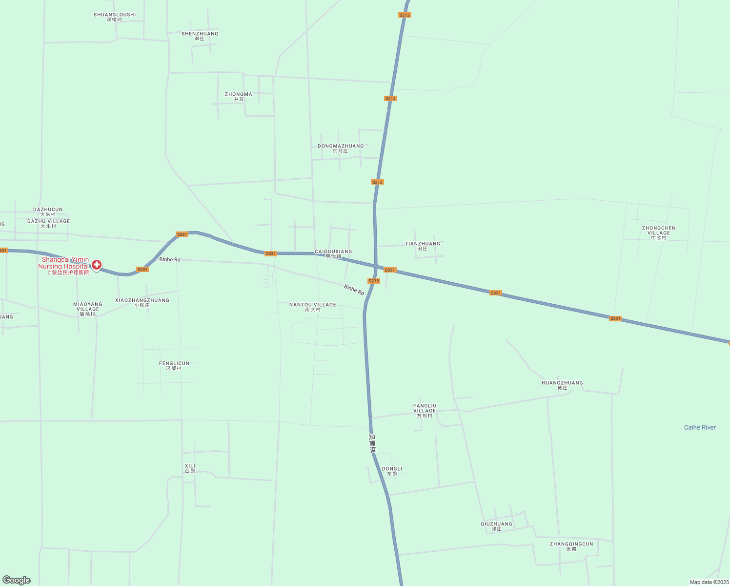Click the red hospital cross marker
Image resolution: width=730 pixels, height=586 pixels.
point(97,265)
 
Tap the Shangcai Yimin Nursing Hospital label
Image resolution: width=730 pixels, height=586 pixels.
point(65,263)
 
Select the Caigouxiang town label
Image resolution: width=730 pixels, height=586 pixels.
point(333,253)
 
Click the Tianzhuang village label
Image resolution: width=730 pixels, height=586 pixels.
point(423,246)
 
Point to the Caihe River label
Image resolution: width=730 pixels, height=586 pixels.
point(700,427)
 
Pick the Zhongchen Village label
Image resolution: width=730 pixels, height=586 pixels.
point(659,232)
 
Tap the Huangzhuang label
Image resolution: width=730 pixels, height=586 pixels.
point(562,385)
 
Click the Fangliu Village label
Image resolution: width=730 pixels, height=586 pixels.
point(425,410)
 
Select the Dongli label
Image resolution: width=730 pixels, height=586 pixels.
point(392,471)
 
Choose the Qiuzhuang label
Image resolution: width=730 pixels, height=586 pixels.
point(496,526)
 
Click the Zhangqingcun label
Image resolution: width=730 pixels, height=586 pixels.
point(571,546)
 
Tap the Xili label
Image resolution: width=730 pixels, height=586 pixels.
point(190,468)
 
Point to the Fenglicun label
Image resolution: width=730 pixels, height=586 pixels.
point(174,365)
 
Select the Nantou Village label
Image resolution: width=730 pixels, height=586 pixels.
point(313,307)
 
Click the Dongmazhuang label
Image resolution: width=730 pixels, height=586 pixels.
point(341,148)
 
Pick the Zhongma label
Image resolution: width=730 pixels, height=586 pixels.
point(239,96)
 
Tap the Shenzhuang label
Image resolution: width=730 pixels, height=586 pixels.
point(200,36)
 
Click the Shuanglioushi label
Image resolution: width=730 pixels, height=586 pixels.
point(115,17)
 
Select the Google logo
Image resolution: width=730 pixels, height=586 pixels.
point(17,580)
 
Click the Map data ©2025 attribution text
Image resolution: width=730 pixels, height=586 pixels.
point(709,582)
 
